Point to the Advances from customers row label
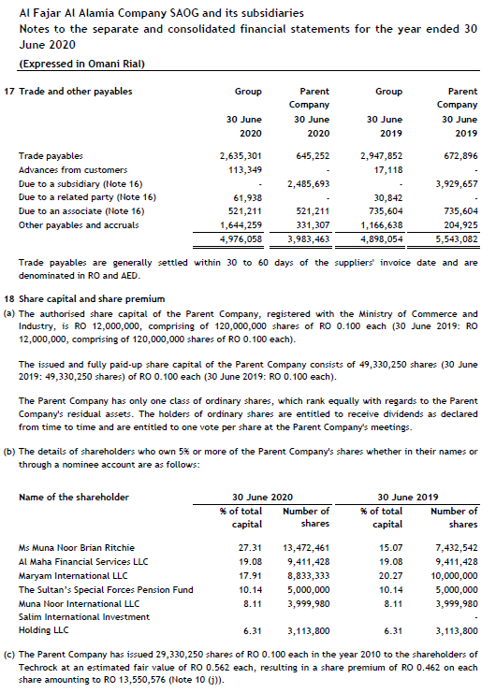coord(73,169)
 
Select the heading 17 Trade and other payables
coord(70,91)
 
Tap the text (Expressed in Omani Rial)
coord(81,64)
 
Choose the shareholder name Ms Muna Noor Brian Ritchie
coord(78,546)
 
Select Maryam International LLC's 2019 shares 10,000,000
coord(457,575)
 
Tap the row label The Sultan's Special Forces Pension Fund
coord(106,589)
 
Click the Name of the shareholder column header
coord(74,497)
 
